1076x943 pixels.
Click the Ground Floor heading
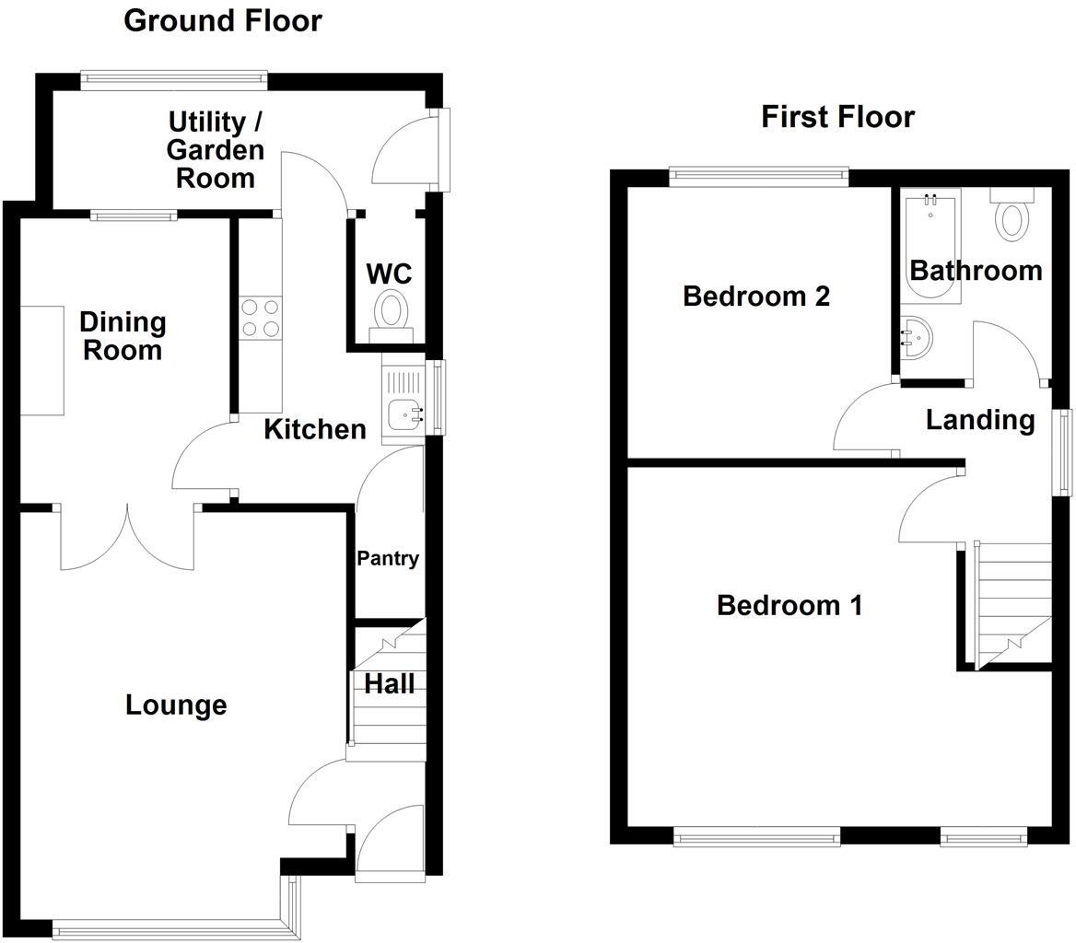pos(223,20)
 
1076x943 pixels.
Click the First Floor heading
pos(837,117)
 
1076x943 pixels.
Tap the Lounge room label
pos(176,705)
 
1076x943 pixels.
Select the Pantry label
pos(388,558)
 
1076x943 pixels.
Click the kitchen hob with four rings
pos(261,319)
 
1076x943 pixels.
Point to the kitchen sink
pos(403,415)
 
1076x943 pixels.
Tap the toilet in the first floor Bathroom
pos(1012,218)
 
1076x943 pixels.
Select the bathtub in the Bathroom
pos(930,246)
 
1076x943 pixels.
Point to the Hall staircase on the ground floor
pos(388,691)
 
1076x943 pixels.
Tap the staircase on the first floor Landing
pos(1012,603)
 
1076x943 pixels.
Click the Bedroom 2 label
pos(755,297)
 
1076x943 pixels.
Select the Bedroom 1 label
pos(789,606)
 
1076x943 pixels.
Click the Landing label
pos(979,420)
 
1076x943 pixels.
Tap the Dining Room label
pos(123,336)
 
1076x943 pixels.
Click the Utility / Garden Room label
pos(216,149)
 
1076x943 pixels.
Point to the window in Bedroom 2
pos(758,176)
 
